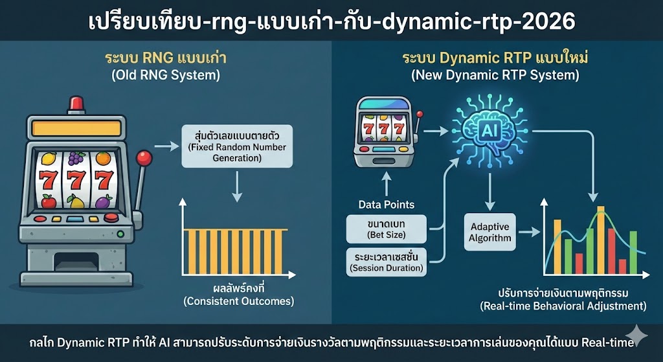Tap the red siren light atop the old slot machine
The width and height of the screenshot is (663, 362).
[77, 102]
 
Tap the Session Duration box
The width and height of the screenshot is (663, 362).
[386, 262]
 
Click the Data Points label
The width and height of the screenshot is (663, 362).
[386, 205]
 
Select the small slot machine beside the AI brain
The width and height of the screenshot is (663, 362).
[384, 133]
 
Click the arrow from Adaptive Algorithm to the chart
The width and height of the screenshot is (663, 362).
[533, 232]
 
